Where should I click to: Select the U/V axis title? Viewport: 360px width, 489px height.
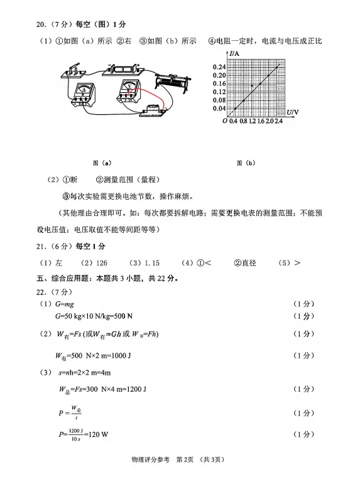pos(293,112)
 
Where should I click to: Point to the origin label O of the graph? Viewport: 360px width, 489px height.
pos(225,121)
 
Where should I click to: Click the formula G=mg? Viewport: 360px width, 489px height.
pos(65,304)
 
